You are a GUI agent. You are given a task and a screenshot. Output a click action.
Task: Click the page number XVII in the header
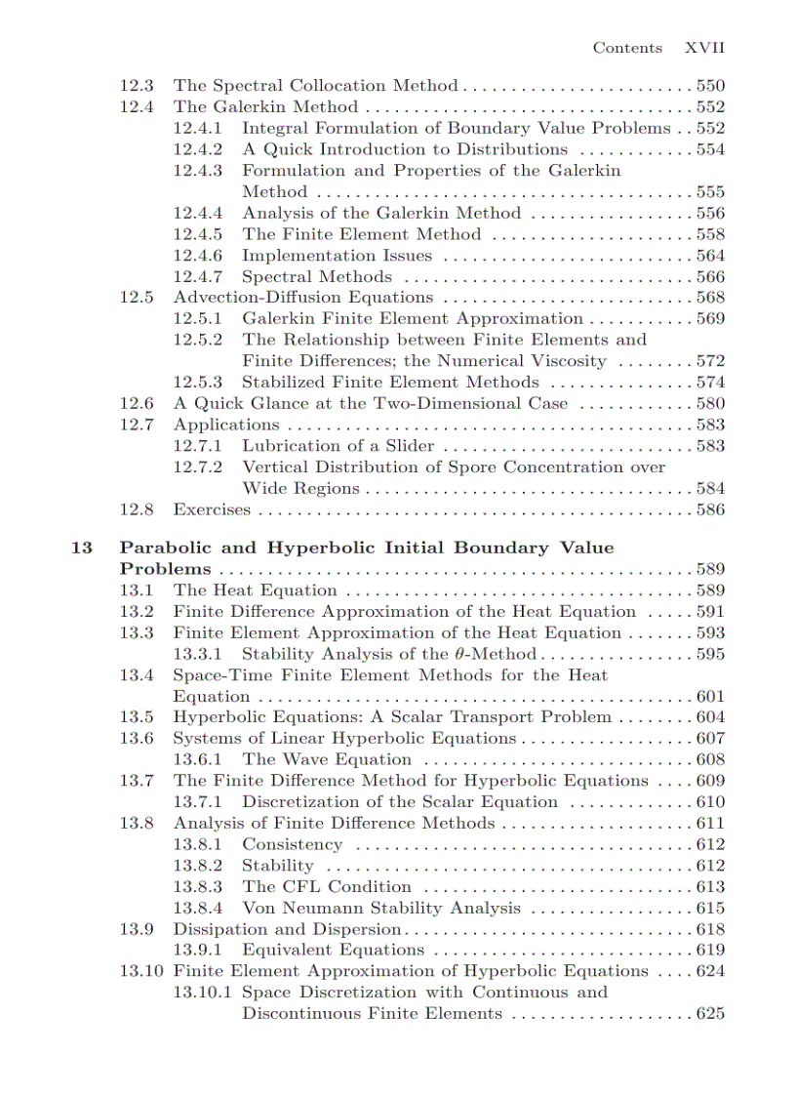tap(704, 48)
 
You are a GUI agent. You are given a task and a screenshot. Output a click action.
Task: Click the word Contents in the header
tap(627, 48)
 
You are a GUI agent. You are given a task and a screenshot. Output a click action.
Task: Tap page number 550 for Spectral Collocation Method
tap(710, 86)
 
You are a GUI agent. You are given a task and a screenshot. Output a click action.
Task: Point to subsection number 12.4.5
tap(198, 234)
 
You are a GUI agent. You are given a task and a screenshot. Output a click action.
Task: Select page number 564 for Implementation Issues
tap(710, 256)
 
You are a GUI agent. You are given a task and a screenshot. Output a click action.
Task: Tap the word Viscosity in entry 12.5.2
tap(562, 361)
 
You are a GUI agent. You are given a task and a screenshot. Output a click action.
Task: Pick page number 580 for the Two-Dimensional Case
tap(710, 403)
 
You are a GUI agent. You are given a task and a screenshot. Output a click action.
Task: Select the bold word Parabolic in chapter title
tap(169, 548)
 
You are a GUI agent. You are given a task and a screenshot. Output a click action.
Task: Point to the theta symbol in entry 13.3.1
tap(461, 654)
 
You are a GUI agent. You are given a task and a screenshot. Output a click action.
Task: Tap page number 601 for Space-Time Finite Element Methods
tap(710, 697)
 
